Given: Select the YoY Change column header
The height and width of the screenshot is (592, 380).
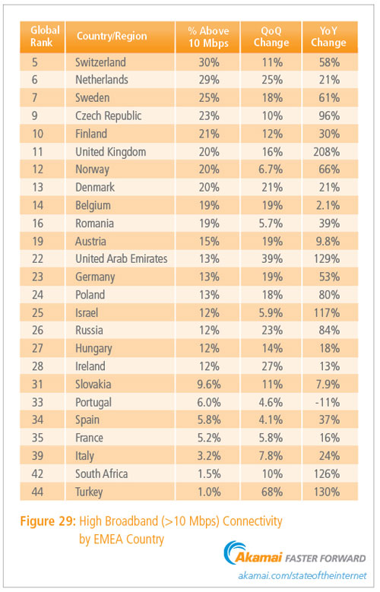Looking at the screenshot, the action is pyautogui.click(x=329, y=36).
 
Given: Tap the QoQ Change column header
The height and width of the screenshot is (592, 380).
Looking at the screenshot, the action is pyautogui.click(x=271, y=36).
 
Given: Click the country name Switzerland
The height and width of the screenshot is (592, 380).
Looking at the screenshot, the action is pyautogui.click(x=100, y=62).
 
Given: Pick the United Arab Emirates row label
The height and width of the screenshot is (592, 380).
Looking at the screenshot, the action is pyautogui.click(x=122, y=259).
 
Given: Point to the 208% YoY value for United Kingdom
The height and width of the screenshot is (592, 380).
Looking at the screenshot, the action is pyautogui.click(x=326, y=152).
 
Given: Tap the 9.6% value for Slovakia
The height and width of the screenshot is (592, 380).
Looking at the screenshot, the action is pyautogui.click(x=209, y=385).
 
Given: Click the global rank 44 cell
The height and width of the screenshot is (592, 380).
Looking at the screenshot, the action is pyautogui.click(x=37, y=492).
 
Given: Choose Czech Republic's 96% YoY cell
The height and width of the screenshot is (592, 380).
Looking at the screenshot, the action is pyautogui.click(x=329, y=116).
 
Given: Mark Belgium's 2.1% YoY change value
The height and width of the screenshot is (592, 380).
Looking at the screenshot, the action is pyautogui.click(x=328, y=205).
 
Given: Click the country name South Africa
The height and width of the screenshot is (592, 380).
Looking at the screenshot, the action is pyautogui.click(x=101, y=473).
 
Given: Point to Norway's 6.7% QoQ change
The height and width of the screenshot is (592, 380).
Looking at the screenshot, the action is pyautogui.click(x=271, y=169).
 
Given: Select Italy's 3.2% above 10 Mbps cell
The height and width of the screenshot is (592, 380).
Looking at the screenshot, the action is pyautogui.click(x=209, y=456).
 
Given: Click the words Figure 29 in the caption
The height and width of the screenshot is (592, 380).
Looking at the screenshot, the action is pyautogui.click(x=48, y=521).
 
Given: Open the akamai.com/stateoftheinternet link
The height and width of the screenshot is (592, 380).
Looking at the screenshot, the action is pyautogui.click(x=302, y=576).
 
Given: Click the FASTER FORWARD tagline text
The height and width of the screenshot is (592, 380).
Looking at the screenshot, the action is pyautogui.click(x=325, y=559).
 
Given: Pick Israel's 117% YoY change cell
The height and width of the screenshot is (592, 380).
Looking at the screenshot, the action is pyautogui.click(x=327, y=313).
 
